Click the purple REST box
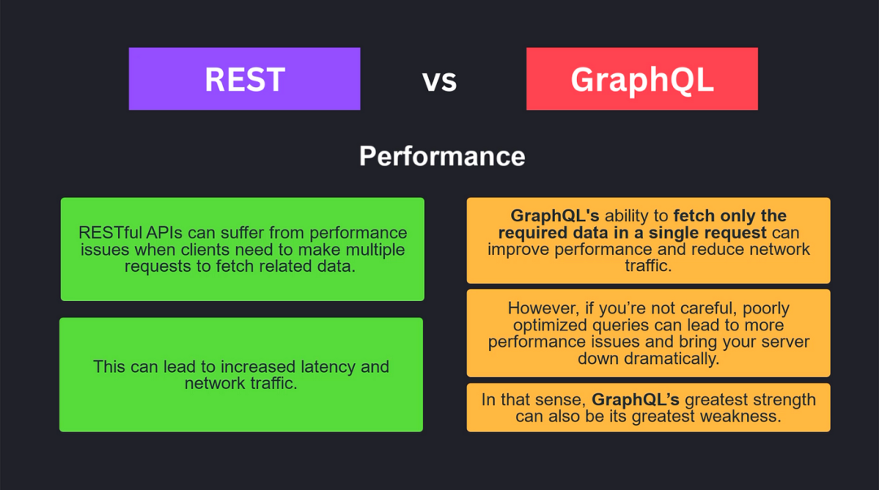pos(244,78)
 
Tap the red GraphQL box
pos(642,78)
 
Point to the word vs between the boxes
pos(439,81)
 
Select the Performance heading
pos(442,156)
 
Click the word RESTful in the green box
pos(110,233)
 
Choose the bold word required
pos(531,233)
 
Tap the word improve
pos(518,250)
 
